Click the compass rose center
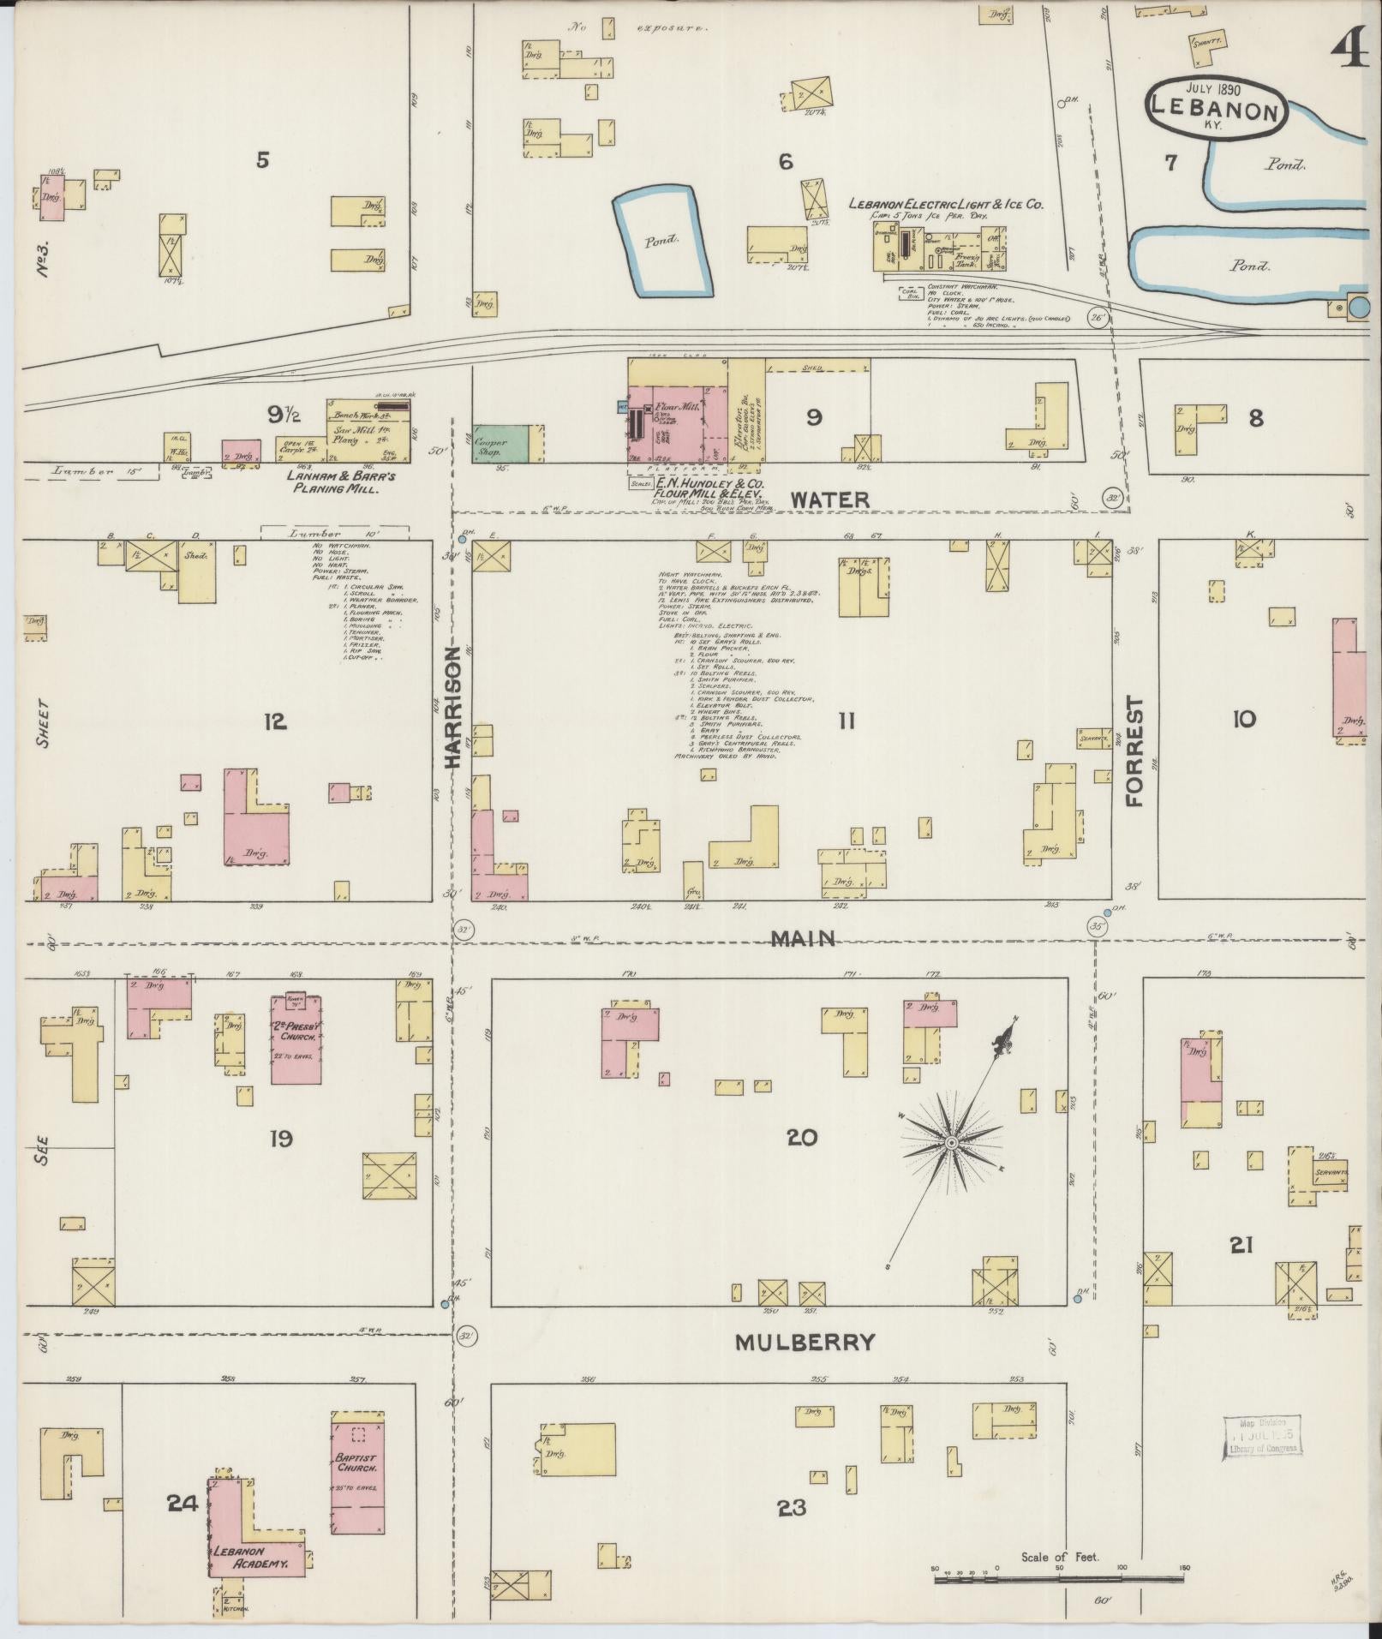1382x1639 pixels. [951, 1143]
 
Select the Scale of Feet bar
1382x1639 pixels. [1060, 1578]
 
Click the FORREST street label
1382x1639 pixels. [1136, 751]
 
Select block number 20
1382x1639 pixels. [802, 1138]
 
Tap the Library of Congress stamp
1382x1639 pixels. [1263, 1435]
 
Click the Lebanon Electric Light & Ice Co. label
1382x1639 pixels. [945, 205]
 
